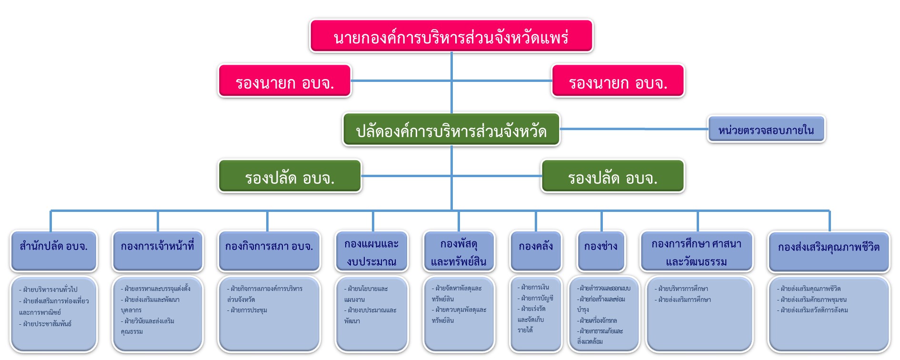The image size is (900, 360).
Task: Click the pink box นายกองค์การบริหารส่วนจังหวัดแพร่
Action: [x=451, y=36]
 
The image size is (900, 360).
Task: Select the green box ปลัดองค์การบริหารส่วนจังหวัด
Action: [x=451, y=130]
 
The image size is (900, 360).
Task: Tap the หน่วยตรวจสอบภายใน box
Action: [x=766, y=130]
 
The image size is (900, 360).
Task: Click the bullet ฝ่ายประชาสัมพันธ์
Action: [x=47, y=324]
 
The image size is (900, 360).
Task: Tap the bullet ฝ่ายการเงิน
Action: [x=535, y=287]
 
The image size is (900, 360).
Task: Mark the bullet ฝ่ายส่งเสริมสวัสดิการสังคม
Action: [x=814, y=310]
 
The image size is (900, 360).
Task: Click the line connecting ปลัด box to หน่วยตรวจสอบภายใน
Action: [x=633, y=129]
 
